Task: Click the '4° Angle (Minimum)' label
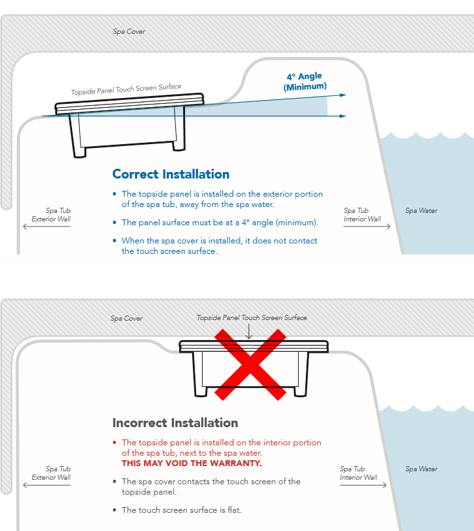pos(305,81)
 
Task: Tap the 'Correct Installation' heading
pos(171,174)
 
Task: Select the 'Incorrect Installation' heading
pos(175,423)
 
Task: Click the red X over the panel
pos(251,364)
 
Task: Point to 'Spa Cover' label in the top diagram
pos(129,32)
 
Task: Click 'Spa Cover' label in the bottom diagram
pos(127,318)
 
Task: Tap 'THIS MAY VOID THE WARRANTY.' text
pos(192,463)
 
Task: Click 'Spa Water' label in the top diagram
pos(421,210)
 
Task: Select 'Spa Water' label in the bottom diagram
pos(421,469)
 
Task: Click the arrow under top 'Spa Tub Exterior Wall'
pos(47,226)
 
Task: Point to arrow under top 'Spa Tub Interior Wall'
pos(367,226)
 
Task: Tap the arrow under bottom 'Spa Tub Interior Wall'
pos(363,485)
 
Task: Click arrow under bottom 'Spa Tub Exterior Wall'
pos(47,485)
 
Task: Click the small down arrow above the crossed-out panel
pos(249,332)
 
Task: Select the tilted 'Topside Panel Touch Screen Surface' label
pos(126,89)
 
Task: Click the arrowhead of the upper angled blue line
pos(343,95)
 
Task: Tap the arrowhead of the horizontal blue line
pos(343,116)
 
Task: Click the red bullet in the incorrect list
pos(114,443)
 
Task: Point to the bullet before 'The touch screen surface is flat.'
pos(114,510)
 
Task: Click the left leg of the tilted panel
pos(77,136)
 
